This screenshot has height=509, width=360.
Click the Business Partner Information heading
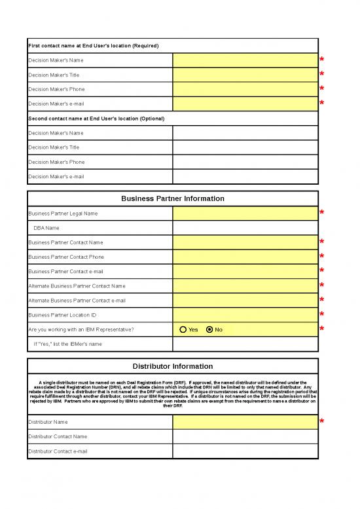[x=173, y=198]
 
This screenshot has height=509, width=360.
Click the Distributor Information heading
[x=173, y=366]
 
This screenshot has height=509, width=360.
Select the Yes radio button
[x=183, y=330]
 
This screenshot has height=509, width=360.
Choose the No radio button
[x=209, y=330]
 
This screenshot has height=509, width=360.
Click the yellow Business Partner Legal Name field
[x=245, y=214]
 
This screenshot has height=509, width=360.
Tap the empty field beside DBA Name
[x=245, y=228]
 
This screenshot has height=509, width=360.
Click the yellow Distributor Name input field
[x=245, y=422]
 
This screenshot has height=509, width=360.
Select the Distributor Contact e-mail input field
[x=245, y=451]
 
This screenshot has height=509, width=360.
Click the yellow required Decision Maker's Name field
[x=245, y=60]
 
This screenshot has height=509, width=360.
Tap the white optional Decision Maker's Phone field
[x=245, y=162]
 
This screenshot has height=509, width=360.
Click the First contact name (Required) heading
[x=94, y=45]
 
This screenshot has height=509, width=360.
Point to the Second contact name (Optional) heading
[x=96, y=119]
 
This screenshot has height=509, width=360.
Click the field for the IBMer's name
[x=245, y=344]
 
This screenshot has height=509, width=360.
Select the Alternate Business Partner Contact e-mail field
[x=245, y=301]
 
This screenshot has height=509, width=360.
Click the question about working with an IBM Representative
[x=81, y=330]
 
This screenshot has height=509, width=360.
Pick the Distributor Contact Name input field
[x=245, y=436]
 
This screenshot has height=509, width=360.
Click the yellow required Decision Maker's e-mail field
[x=245, y=104]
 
